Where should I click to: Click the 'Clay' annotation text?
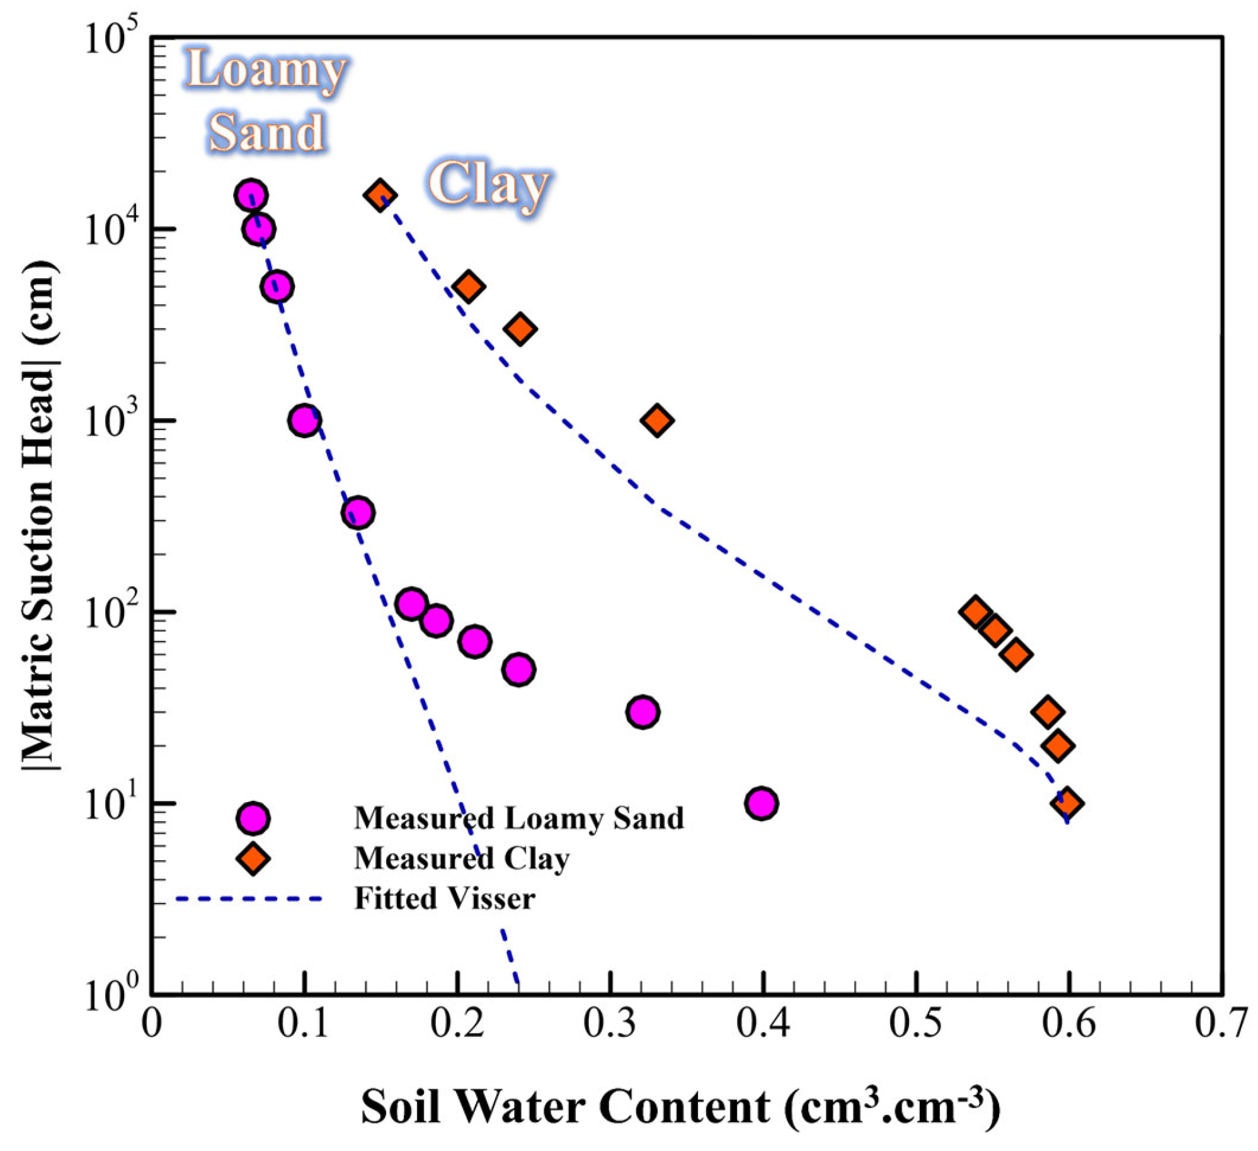click(488, 184)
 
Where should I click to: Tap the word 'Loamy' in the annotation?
click(265, 70)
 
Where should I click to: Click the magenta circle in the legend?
click(253, 818)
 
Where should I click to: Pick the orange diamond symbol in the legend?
click(253, 858)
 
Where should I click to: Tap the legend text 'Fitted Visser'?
click(444, 899)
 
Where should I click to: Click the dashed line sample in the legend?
click(249, 899)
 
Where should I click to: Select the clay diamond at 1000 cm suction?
click(657, 420)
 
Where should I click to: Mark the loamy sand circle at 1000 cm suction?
click(305, 420)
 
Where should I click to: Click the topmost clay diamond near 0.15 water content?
click(380, 195)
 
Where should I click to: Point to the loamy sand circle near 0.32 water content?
click(643, 712)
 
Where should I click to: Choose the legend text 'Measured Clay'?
click(461, 858)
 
